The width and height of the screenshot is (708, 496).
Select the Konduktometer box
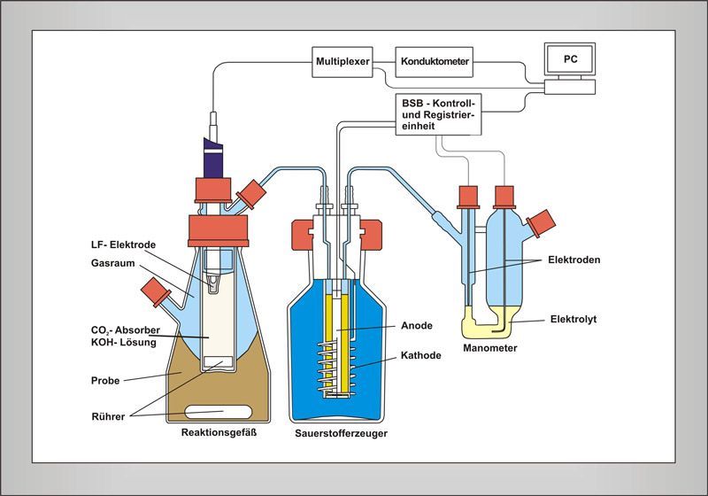pyautogui.click(x=434, y=61)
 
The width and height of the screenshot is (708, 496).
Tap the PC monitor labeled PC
pyautogui.click(x=569, y=59)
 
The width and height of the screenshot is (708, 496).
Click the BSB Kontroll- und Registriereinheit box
pyautogui.click(x=439, y=115)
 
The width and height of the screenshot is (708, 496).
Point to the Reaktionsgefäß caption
pyautogui.click(x=218, y=432)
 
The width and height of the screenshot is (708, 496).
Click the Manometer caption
pyautogui.click(x=489, y=348)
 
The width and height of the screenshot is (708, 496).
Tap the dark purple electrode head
pyautogui.click(x=213, y=159)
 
